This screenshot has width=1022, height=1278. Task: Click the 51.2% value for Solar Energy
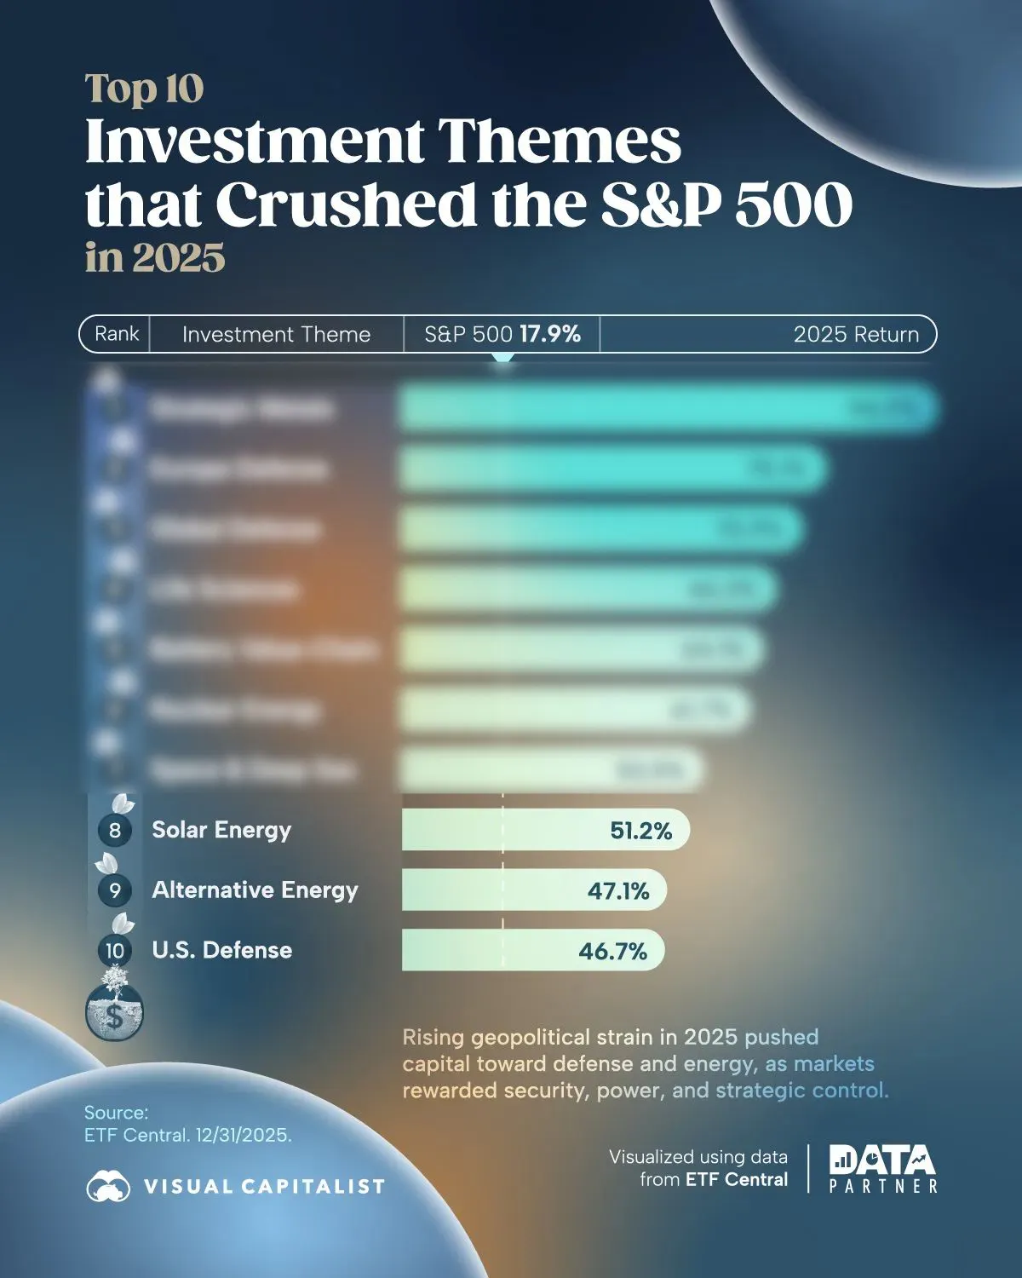pos(640,831)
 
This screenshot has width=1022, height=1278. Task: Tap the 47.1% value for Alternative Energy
pos(618,891)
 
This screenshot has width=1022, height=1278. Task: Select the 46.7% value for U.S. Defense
pos(612,951)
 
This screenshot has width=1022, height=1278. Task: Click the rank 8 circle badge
pos(115,831)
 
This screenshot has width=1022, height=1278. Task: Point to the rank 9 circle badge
pos(115,891)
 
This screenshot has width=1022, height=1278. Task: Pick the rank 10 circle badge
pos(115,951)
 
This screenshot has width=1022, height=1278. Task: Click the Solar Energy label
pos(221,830)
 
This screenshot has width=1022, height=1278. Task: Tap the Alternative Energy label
pos(255,890)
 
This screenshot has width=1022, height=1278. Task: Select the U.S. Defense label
pos(221,950)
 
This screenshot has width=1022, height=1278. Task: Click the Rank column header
pos(117,333)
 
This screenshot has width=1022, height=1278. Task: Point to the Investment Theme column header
pos(276,334)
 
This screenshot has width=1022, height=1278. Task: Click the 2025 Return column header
pos(856,334)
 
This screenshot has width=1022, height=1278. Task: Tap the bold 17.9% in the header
pos(550,334)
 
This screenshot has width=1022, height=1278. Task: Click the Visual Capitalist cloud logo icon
pos(108,1185)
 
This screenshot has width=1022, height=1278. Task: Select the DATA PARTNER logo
pos(882,1169)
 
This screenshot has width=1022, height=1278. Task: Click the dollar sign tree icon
pos(114,1005)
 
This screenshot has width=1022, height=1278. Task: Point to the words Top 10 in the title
pos(144,89)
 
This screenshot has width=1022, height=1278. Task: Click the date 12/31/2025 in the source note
pos(243,1136)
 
